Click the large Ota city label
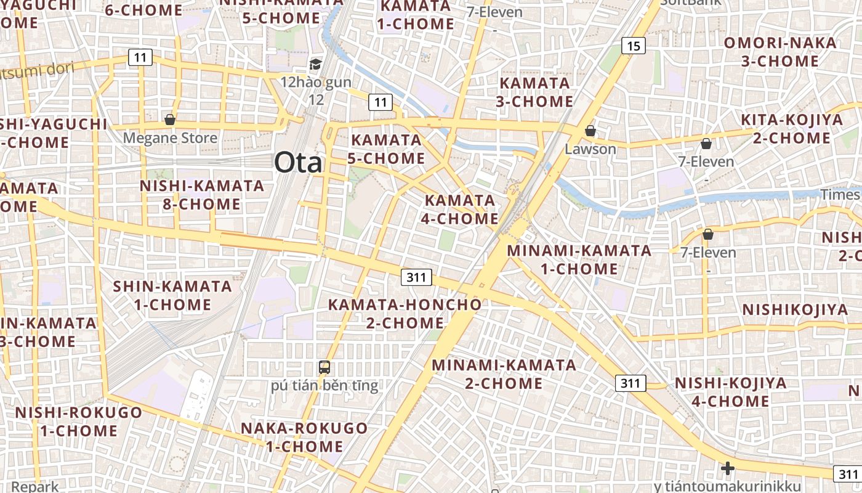pos(298,163)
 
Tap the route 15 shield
pos(634,45)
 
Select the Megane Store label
pos(170,137)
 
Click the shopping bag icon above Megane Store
pos(169,119)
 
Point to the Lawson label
pos(590,149)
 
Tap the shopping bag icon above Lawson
pos(590,131)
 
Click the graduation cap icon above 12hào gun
pos(315,64)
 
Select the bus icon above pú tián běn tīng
pos(324,367)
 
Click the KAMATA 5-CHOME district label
pos(386,149)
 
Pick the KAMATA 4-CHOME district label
pos(461,210)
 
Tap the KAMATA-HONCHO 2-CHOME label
pos(405,314)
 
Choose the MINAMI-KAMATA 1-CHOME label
pos(579,259)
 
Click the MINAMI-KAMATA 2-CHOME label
pos(504,374)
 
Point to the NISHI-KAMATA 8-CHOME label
pos(201,195)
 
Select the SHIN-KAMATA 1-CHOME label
pos(172,295)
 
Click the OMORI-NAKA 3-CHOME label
pos(780,52)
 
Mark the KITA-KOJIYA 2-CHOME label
pos(792,129)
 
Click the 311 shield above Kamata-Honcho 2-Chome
pos(416,277)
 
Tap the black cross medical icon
pos(727,468)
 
